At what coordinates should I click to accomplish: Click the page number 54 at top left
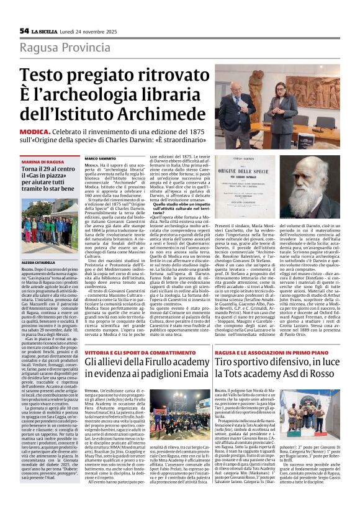click(x=24, y=31)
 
